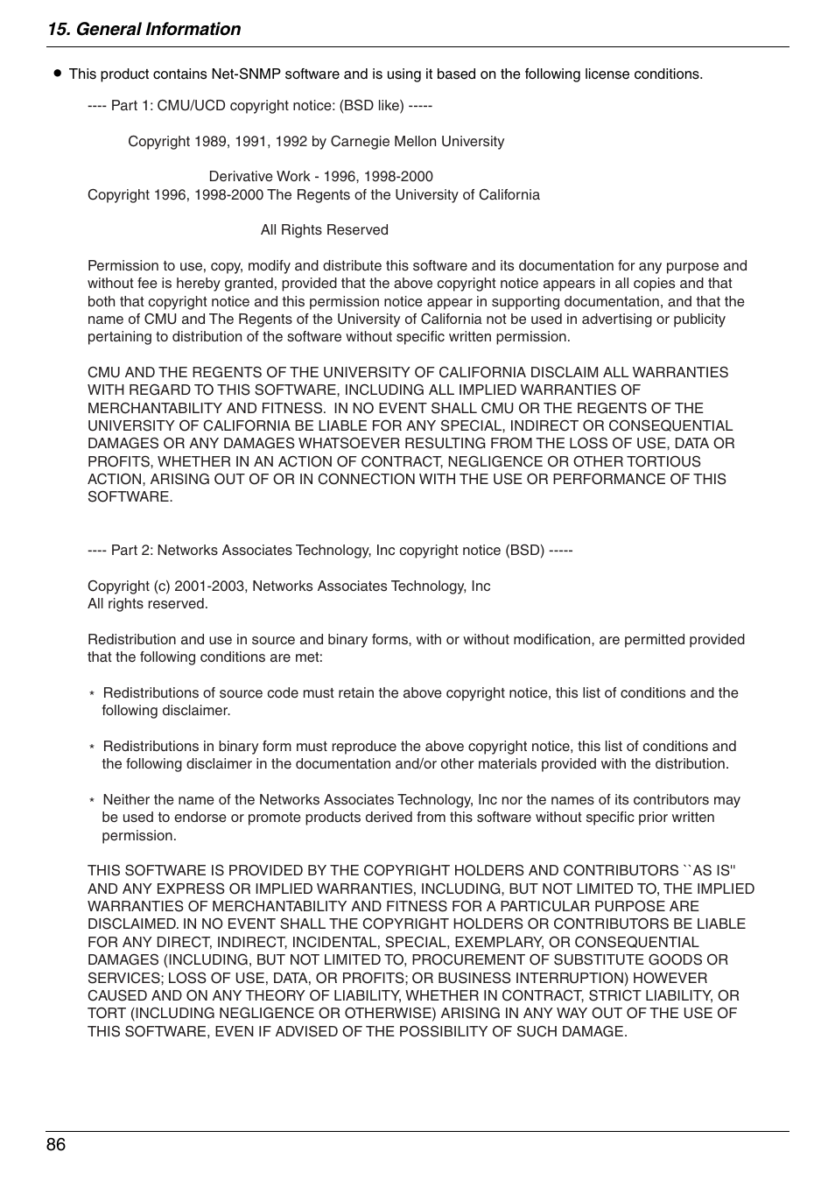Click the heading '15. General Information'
click(x=144, y=29)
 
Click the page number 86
click(x=56, y=1145)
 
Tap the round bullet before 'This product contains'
click(x=58, y=74)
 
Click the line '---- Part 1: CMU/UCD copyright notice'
click(x=259, y=106)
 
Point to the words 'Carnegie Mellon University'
click(x=417, y=142)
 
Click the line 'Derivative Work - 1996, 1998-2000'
click(x=320, y=177)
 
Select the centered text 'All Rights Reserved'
click(x=324, y=230)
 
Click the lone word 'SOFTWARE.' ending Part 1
click(x=130, y=497)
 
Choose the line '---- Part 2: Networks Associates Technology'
click(x=330, y=551)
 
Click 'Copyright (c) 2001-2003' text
click(x=166, y=586)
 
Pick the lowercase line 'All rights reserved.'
click(x=147, y=604)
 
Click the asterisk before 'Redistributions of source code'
click(x=92, y=694)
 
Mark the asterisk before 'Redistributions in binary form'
click(x=92, y=748)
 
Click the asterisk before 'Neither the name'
click(x=92, y=801)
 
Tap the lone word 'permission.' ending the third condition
click(x=139, y=836)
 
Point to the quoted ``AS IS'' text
click(x=709, y=871)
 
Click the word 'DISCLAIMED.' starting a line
click(x=132, y=924)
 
